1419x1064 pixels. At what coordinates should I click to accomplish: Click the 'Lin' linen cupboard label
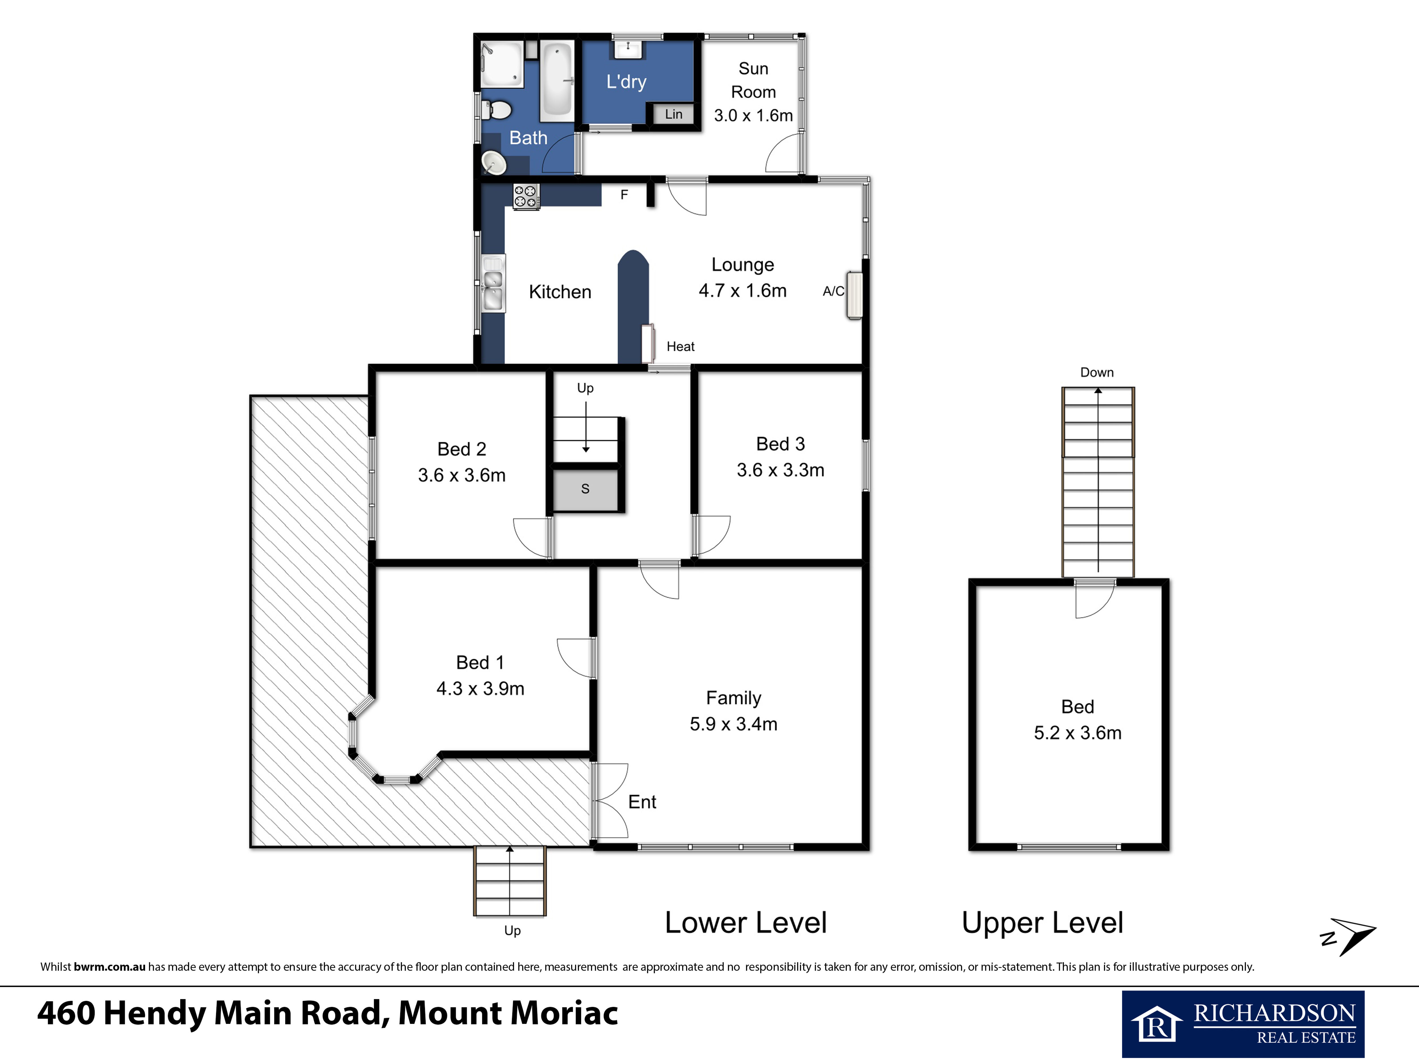pyautogui.click(x=674, y=114)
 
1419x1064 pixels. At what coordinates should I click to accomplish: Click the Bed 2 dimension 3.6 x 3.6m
pyautogui.click(x=462, y=475)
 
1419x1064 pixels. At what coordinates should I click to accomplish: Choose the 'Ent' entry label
pyautogui.click(x=642, y=802)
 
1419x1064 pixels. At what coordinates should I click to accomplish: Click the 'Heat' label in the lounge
pyautogui.click(x=681, y=346)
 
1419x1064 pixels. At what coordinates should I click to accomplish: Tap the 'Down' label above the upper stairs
pyautogui.click(x=1097, y=373)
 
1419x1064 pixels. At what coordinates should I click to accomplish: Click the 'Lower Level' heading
pyautogui.click(x=745, y=923)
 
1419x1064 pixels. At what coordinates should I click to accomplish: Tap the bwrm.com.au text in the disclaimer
pyautogui.click(x=110, y=967)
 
